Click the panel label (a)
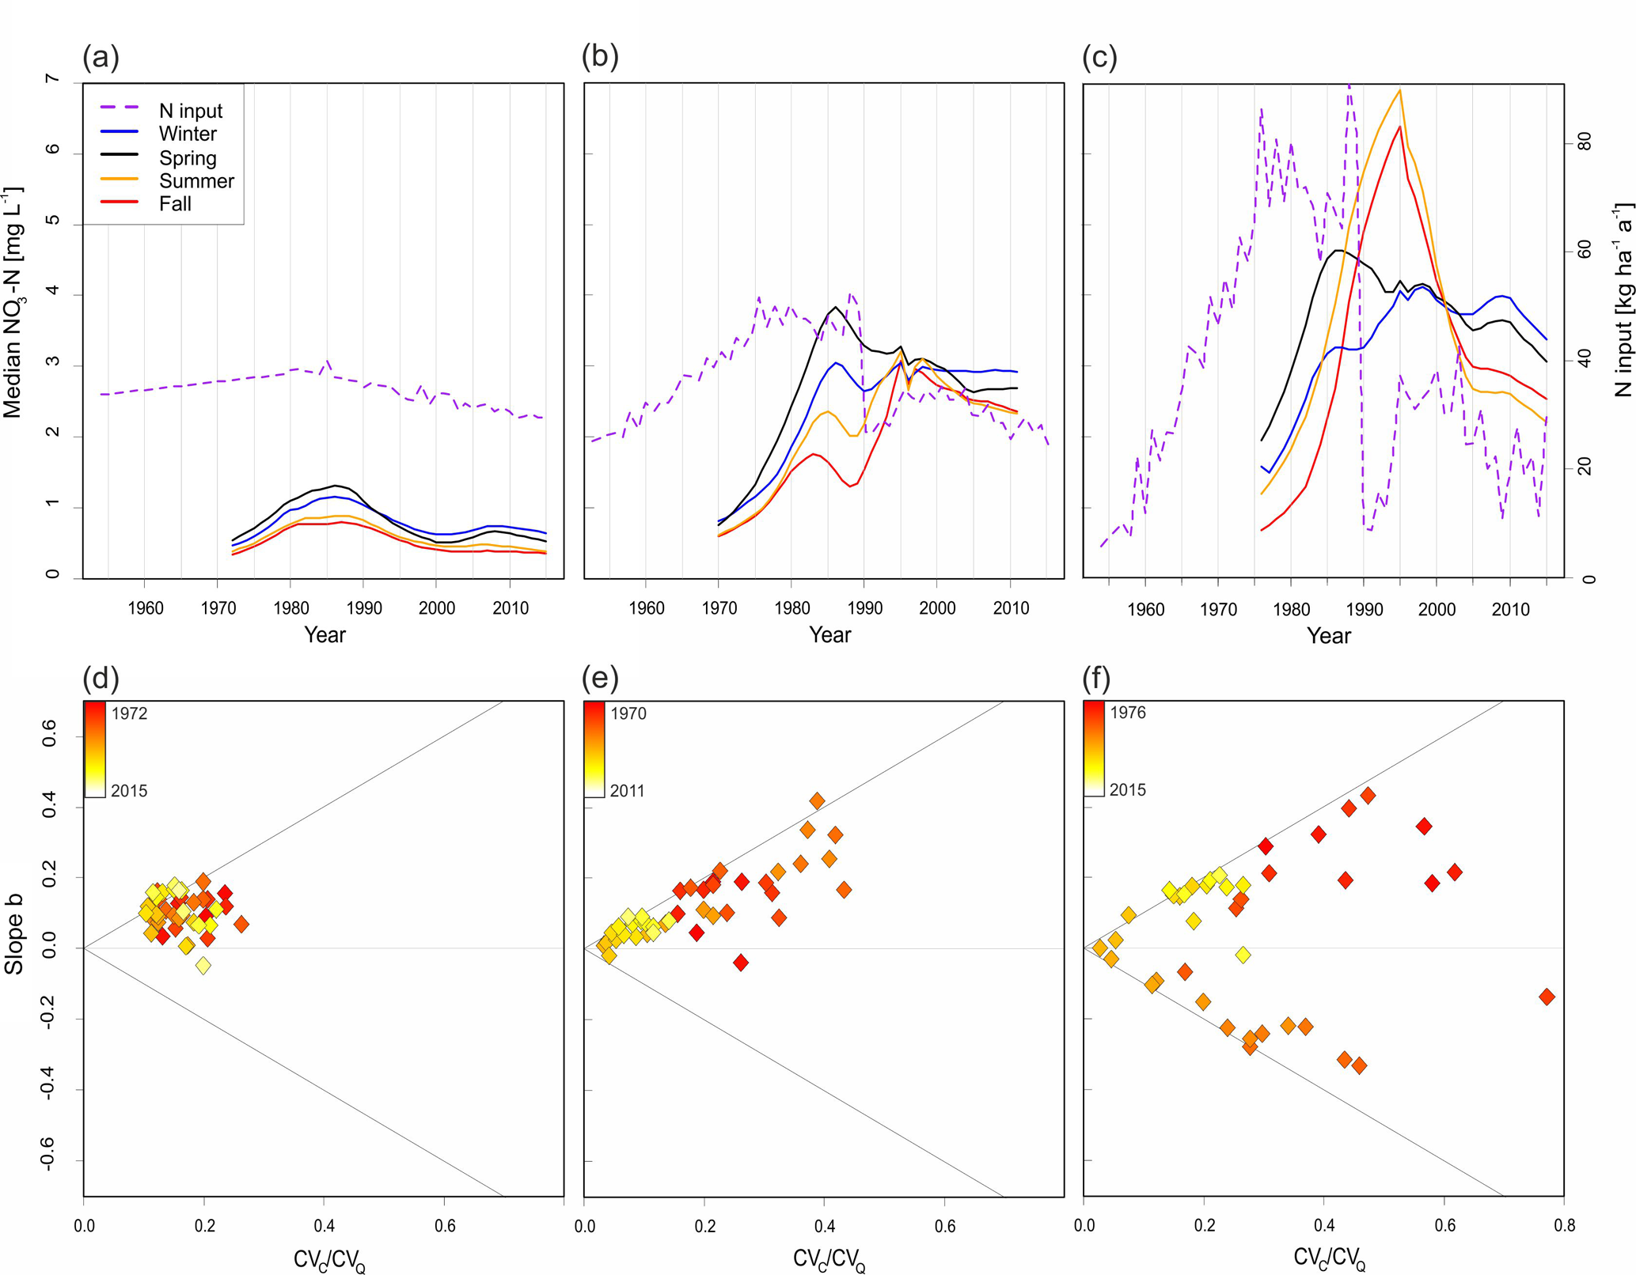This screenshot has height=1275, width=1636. tap(101, 57)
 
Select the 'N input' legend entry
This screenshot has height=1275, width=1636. tap(190, 111)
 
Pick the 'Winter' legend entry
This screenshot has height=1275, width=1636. tap(188, 134)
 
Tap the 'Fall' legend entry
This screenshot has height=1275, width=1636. tap(175, 204)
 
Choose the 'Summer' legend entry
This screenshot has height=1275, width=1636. tap(196, 181)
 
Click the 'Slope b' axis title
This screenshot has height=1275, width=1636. tap(13, 933)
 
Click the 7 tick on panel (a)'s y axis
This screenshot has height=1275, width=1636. tap(52, 80)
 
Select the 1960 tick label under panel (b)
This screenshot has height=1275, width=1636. tap(646, 608)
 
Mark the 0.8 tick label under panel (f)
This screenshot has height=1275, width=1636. tap(1563, 1226)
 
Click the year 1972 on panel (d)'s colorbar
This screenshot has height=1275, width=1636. tap(129, 713)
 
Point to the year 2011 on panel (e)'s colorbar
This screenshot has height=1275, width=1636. tap(627, 791)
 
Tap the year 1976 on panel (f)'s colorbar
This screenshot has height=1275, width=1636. tap(1127, 713)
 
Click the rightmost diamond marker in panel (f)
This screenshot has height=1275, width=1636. tap(1547, 997)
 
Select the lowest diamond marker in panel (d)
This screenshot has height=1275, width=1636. tap(203, 965)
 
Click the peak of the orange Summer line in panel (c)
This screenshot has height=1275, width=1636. tap(1399, 90)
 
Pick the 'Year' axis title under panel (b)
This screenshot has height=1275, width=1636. tap(829, 635)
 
